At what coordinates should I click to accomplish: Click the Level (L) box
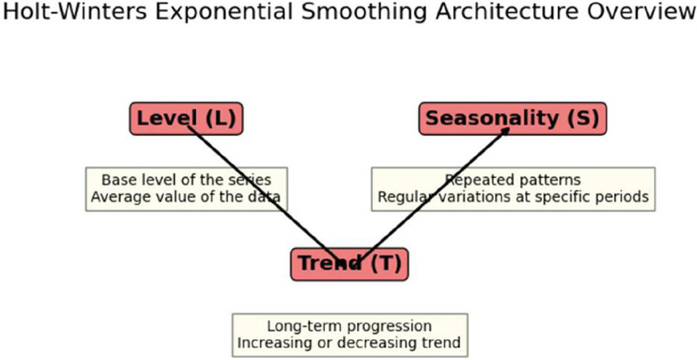186,119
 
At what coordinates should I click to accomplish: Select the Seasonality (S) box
512,119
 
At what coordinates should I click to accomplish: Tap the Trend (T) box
349,264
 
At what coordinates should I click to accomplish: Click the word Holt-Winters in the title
75,12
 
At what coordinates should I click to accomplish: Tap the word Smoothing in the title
363,13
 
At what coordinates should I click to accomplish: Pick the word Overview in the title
639,12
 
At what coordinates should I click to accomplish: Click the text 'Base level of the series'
186,180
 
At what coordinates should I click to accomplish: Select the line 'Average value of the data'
186,196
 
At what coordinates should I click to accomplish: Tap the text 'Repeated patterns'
513,180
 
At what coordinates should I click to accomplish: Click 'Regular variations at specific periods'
513,197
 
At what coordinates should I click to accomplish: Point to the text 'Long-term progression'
349,326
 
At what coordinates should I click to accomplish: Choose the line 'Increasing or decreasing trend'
349,343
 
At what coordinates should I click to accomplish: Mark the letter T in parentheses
386,263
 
